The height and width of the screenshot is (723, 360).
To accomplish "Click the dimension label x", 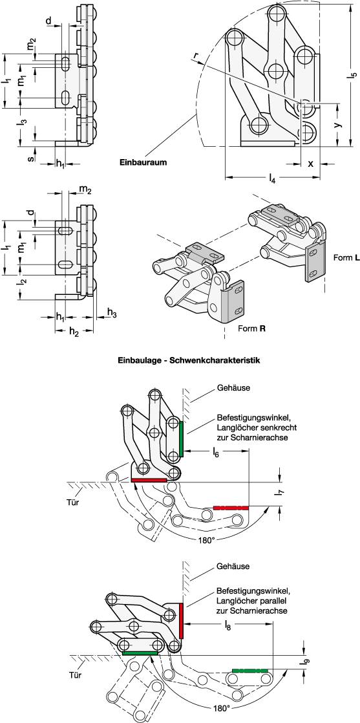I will [310, 163].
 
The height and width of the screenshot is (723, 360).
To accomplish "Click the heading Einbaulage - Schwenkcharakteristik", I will [179, 360].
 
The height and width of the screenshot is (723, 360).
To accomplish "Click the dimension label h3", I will [112, 314].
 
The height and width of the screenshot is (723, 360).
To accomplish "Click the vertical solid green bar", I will [182, 438].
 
